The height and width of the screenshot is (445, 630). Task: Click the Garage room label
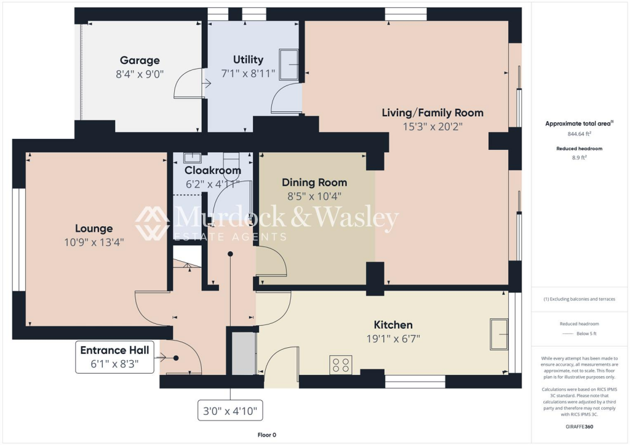tap(140, 60)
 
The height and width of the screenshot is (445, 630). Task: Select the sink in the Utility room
tap(289, 65)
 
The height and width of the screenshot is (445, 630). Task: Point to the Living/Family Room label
tap(432, 112)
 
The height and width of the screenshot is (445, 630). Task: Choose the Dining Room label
tap(314, 183)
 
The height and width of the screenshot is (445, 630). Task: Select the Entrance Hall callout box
tap(114, 357)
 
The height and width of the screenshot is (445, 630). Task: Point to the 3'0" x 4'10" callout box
tap(230, 409)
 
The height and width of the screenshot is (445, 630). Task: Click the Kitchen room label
tap(393, 325)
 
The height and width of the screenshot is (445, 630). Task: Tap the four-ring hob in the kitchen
tap(341, 365)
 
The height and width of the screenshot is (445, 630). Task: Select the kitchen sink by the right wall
tap(499, 334)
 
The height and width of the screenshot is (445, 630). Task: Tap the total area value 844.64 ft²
tap(580, 133)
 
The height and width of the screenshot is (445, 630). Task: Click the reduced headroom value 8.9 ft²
tap(580, 157)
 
